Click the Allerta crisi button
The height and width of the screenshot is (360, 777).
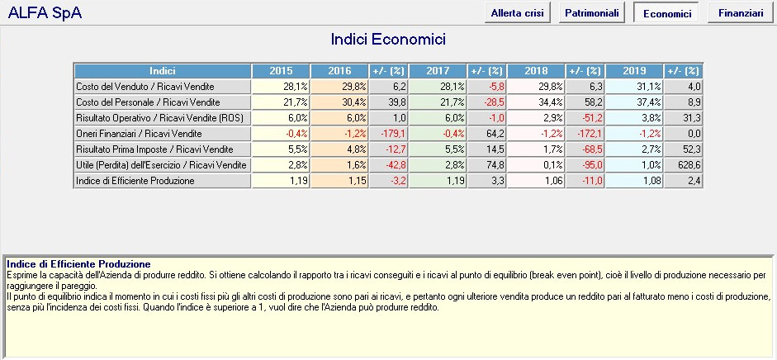coord(518,13)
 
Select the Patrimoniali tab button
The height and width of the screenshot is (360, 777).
coord(592,13)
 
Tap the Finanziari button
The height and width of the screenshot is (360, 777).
coord(741,13)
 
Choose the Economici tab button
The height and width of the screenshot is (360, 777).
coord(666,13)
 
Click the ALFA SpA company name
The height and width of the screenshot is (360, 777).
coord(45,13)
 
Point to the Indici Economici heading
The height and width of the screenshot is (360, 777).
coord(388,39)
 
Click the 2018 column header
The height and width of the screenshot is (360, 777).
coord(536,71)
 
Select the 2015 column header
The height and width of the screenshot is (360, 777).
coord(281,71)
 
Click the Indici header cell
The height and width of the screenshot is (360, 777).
coord(163,71)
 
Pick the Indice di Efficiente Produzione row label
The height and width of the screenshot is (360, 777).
coord(135,181)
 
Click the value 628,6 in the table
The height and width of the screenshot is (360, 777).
coord(684,165)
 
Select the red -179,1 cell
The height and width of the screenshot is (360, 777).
coord(389,134)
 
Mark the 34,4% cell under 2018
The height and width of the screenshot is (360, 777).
coord(536,102)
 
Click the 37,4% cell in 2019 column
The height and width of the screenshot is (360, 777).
coord(634,102)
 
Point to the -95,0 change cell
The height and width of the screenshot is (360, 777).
coord(585,165)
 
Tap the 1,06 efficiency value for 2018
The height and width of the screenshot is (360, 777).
coord(536,181)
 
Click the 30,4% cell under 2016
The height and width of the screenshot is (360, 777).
coord(339,102)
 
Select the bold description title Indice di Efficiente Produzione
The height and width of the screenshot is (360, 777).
coord(78,264)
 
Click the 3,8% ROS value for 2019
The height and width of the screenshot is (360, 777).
coord(634,118)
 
